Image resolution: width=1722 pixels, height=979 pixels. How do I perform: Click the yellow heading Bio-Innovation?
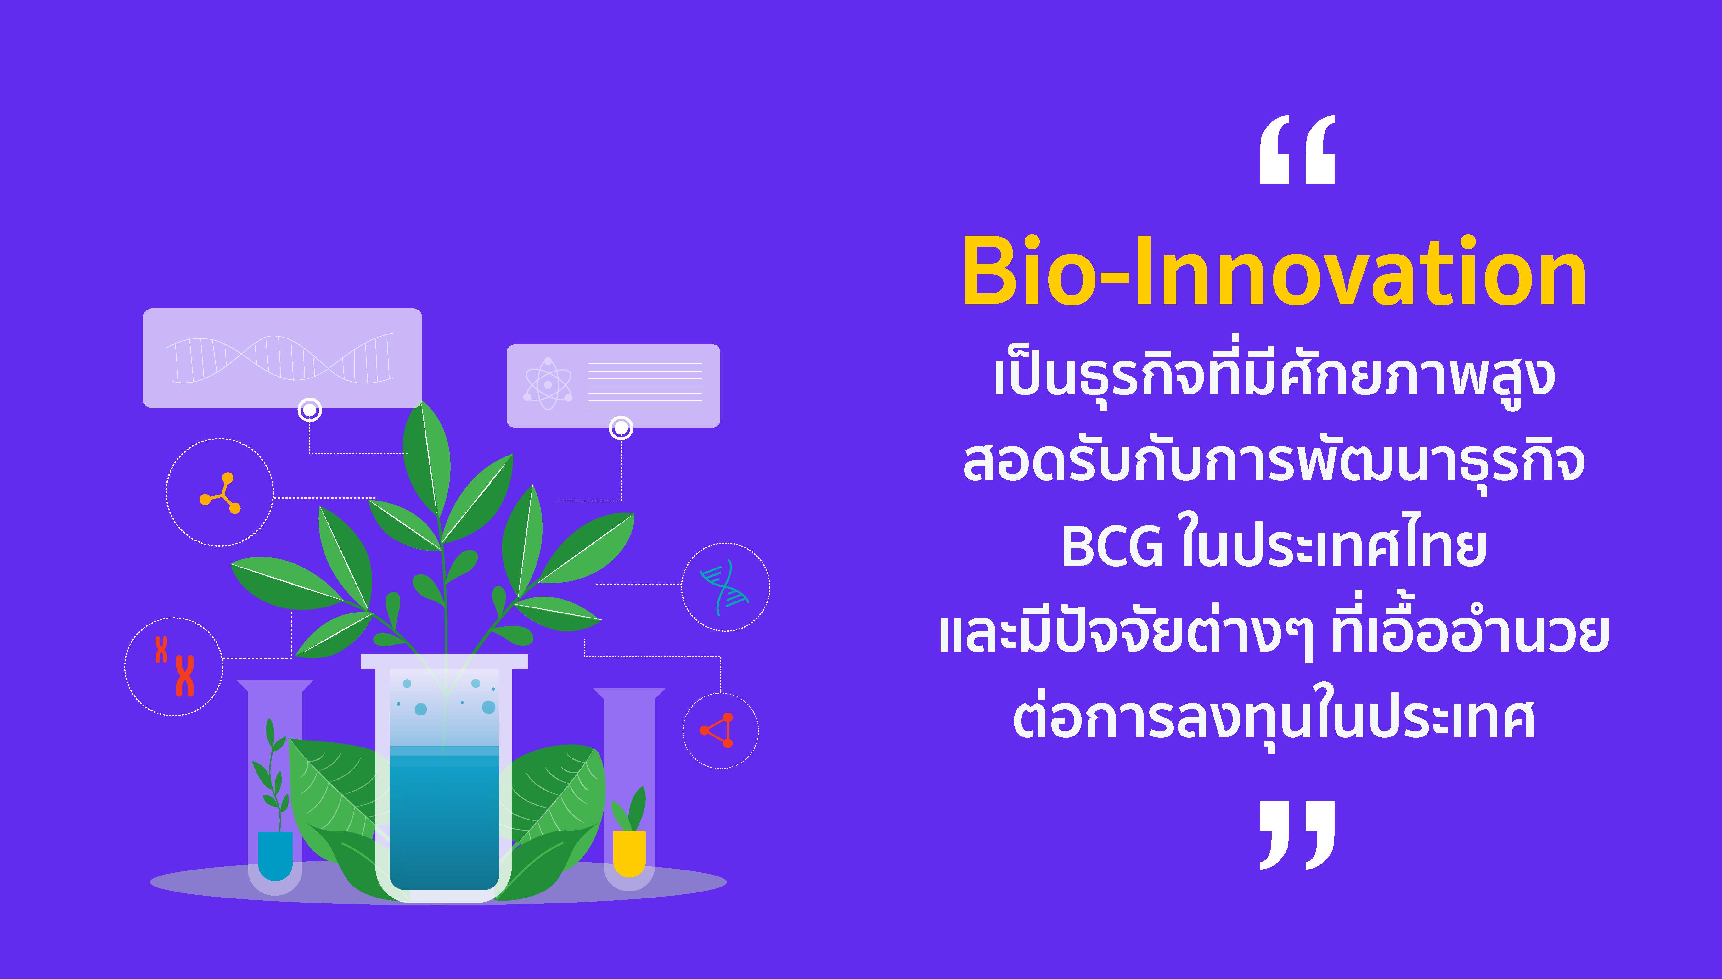1274,271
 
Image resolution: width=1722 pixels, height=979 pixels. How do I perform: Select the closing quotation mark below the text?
1297,834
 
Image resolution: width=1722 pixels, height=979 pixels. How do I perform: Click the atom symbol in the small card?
548,384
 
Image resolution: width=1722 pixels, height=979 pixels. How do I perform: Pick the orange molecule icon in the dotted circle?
220,494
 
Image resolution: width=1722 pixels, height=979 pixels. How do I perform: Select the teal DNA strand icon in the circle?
724,587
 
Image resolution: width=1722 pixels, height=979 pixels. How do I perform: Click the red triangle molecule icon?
717,730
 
